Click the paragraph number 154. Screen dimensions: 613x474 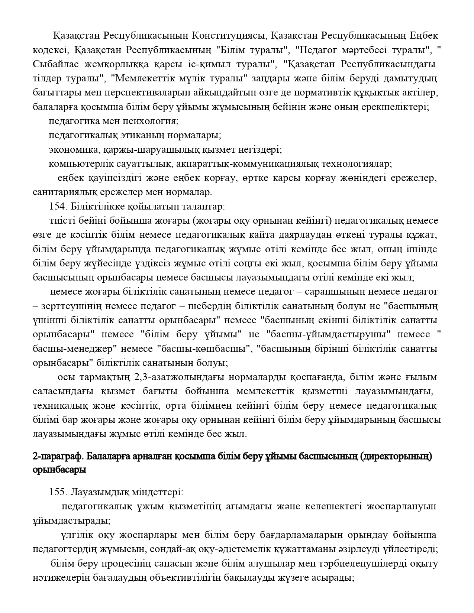(x=57, y=206)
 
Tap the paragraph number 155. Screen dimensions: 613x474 (x=57, y=493)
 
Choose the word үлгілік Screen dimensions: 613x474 (x=77, y=535)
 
